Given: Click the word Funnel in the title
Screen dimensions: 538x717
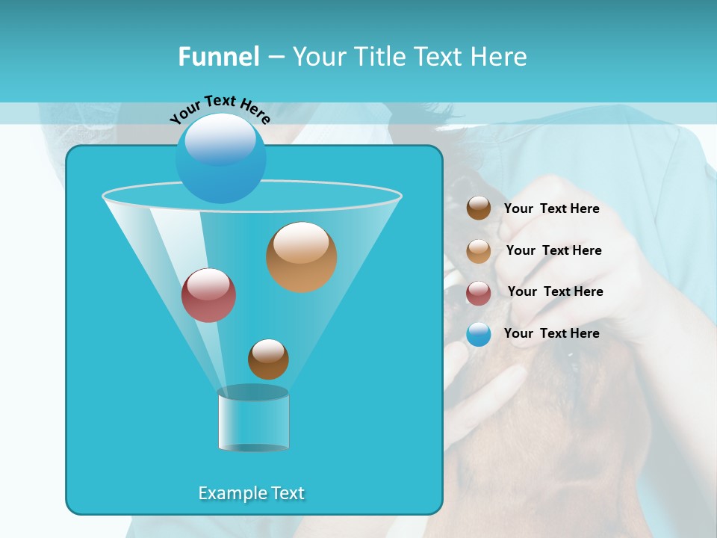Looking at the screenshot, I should coord(219,56).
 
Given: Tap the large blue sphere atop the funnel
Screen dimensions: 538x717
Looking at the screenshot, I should coord(220,158).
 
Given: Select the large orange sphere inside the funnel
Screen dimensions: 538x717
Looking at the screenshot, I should coord(301,257).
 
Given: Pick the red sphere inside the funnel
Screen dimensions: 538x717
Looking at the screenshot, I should coord(208,295).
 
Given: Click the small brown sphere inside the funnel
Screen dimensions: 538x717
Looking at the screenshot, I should coord(268,359).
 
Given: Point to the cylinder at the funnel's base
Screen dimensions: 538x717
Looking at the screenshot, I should coord(253,421).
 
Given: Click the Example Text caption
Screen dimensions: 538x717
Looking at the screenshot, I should coord(251,493).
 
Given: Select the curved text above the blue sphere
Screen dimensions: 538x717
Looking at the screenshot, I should coord(220,109).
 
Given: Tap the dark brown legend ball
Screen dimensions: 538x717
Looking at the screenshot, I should coord(479,208).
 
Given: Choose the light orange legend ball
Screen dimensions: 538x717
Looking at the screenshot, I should coord(479,251).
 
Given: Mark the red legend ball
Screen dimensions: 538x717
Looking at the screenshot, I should coord(479,293).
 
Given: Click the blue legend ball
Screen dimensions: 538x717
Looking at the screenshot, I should coord(479,334).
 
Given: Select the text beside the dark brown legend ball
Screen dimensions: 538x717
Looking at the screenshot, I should coord(551,208).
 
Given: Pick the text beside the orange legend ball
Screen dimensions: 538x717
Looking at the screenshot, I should coord(553,250).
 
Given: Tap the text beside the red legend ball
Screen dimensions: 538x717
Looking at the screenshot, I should coord(555,291).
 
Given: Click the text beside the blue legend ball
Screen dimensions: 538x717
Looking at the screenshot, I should coord(551,333).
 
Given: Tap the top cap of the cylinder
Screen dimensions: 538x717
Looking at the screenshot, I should coord(253,393).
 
